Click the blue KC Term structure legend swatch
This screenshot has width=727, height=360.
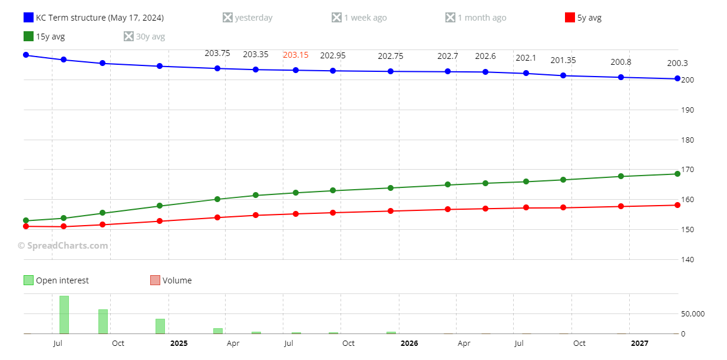click(x=28, y=18)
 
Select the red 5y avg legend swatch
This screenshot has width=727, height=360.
click(x=570, y=18)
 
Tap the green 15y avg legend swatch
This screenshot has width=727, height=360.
click(x=28, y=37)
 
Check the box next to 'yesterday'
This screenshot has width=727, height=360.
click(x=227, y=18)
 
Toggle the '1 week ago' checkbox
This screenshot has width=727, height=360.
click(x=336, y=18)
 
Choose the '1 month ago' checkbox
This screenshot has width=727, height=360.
click(x=450, y=18)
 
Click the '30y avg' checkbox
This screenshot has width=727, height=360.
click(x=128, y=37)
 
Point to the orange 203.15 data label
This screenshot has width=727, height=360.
click(x=296, y=55)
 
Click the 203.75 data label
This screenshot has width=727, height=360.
click(x=217, y=53)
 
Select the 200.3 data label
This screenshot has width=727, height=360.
click(x=677, y=63)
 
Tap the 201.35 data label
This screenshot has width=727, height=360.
click(x=563, y=60)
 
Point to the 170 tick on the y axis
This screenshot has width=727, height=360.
click(x=688, y=170)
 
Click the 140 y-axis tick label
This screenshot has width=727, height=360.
click(x=688, y=259)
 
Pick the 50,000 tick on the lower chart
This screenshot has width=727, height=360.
click(x=693, y=314)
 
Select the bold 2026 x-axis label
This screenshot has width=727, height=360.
click(x=409, y=343)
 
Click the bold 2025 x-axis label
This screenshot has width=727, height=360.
click(x=179, y=343)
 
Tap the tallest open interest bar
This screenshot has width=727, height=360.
click(x=64, y=315)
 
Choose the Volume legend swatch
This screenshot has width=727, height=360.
click(x=156, y=280)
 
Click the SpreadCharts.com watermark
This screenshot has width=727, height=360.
click(x=63, y=246)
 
